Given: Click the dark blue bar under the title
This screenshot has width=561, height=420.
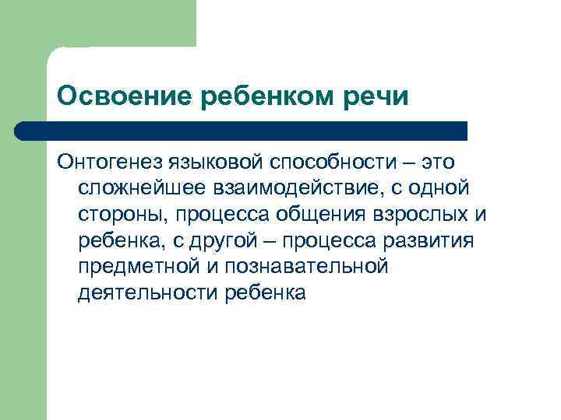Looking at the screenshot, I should [x=242, y=131].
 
